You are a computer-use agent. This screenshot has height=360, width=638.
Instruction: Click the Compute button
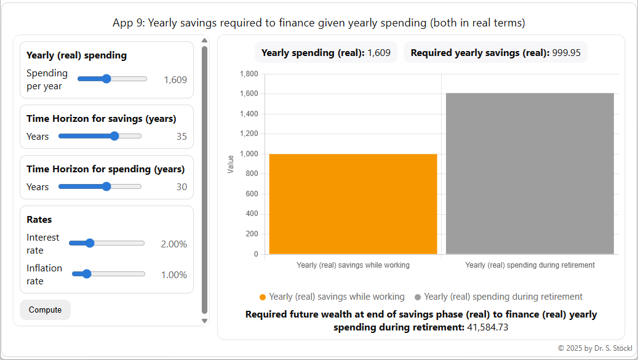45,310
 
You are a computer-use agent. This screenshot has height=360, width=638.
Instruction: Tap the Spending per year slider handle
106,79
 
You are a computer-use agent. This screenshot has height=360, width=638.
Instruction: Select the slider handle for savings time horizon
114,136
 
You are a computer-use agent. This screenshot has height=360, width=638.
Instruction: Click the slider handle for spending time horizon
106,186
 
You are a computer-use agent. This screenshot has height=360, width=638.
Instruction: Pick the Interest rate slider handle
90,243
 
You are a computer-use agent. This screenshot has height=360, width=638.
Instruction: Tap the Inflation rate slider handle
87,274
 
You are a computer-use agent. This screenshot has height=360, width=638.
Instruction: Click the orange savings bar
353,204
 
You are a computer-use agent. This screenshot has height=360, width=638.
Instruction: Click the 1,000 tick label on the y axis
248,154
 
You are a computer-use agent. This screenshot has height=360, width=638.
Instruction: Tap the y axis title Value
231,164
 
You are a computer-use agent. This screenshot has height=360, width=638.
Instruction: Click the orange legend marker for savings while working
263,297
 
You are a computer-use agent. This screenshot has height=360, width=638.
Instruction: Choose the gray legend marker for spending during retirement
418,297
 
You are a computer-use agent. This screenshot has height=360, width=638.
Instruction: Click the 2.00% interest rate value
173,244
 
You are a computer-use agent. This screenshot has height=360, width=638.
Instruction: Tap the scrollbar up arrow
204,41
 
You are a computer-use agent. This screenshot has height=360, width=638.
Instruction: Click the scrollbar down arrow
204,321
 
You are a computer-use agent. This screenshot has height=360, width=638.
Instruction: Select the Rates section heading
39,219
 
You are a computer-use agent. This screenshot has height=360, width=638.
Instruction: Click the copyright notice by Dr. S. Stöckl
594,348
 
